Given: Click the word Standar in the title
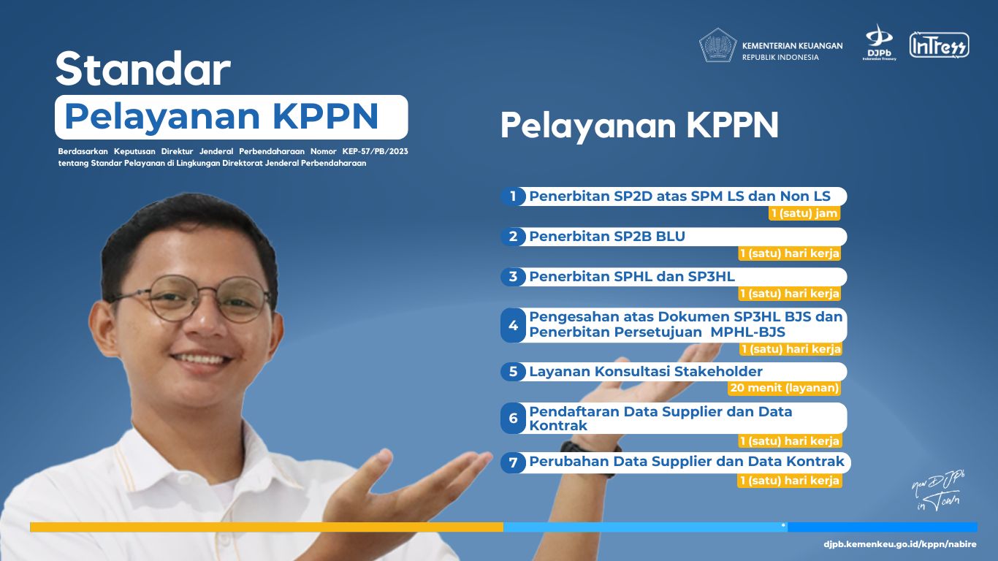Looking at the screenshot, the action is (143, 69).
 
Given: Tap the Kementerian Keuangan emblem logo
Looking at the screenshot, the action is (717, 45).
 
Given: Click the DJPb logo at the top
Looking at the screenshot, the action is (879, 43).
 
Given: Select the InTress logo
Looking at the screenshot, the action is (940, 45).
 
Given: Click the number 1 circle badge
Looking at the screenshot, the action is (513, 196).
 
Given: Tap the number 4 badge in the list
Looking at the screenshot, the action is (514, 325).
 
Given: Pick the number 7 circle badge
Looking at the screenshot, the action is (514, 462).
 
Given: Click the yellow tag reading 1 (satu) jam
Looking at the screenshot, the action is (804, 213).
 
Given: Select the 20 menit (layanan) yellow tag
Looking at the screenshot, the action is (784, 388).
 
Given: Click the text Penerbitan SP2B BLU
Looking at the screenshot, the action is (607, 236).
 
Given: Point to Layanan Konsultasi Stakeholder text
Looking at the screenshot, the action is (646, 371).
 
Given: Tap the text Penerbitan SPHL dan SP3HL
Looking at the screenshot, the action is (632, 277).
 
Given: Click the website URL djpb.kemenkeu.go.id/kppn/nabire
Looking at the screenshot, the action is (900, 544).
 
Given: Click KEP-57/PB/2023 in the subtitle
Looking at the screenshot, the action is (375, 151).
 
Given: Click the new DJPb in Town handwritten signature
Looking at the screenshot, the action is (938, 490).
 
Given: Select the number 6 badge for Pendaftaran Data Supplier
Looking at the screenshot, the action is (514, 418).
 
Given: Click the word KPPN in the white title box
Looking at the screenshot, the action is (325, 116).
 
